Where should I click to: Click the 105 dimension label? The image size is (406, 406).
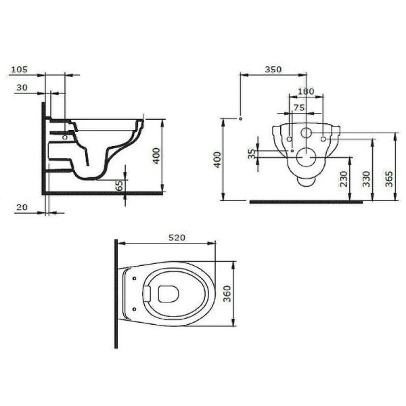click(20, 69)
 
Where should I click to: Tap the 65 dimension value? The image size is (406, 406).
click(119, 185)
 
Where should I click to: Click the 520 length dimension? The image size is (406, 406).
click(177, 238)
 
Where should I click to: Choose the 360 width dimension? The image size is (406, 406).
click(228, 292)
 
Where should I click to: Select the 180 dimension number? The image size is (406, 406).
click(307, 91)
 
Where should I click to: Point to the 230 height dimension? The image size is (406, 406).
click(344, 179)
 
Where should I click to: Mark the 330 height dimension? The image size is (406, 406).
click(366, 179)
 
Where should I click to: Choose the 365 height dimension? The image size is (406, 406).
click(389, 179)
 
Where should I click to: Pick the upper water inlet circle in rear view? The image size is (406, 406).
click(306, 133)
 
